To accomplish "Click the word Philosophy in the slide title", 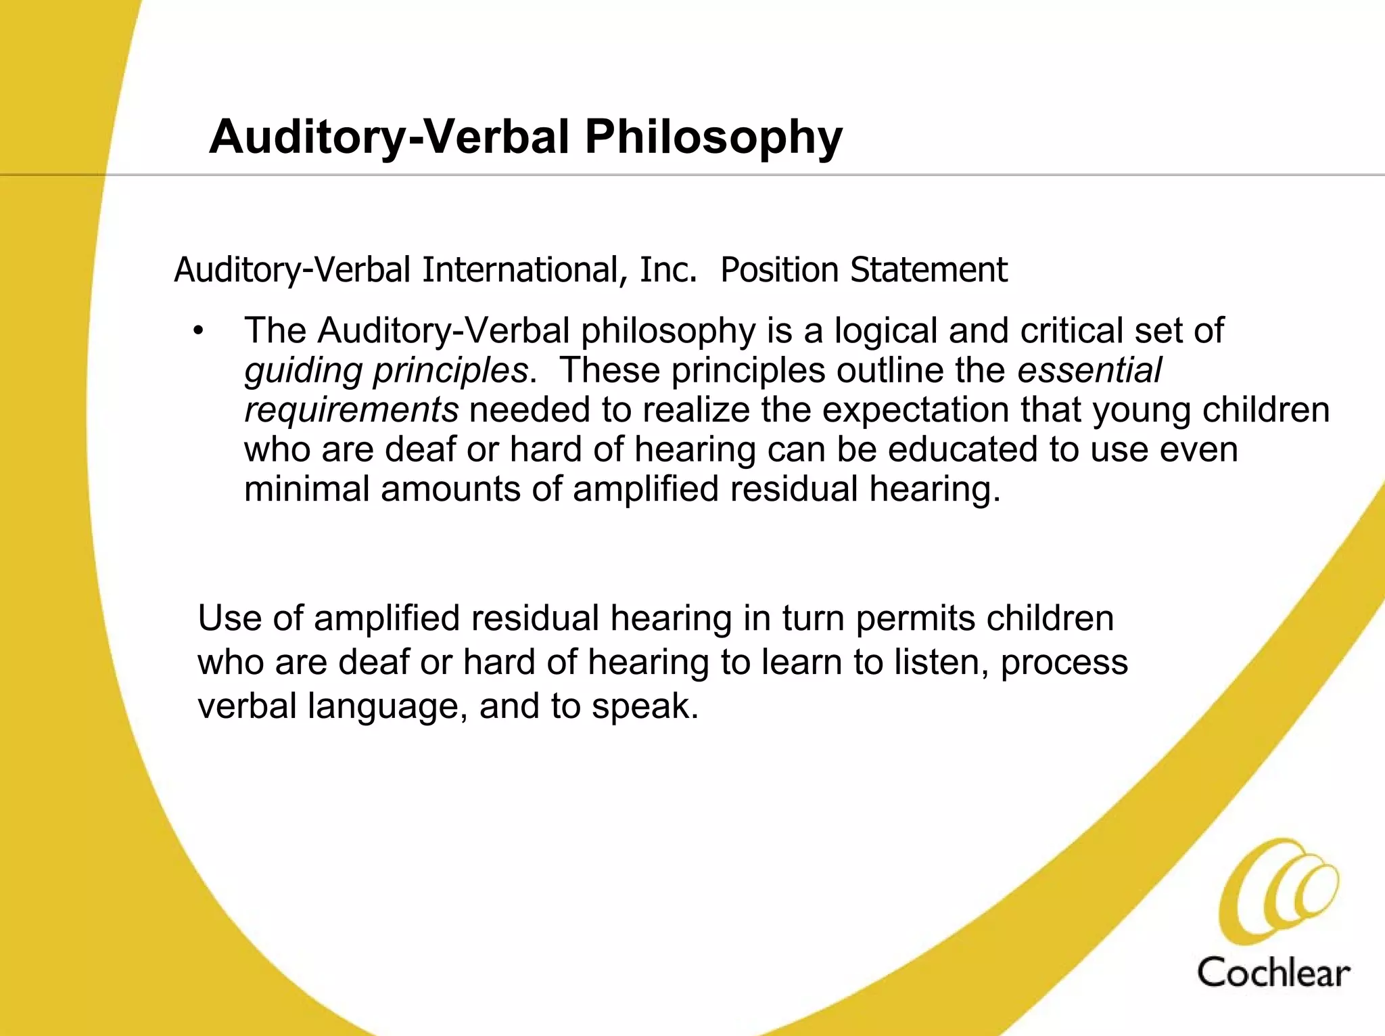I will click(713, 138).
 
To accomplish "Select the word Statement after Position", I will click(929, 270).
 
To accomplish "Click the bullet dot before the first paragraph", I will click(197, 331).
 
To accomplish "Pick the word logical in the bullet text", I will click(885, 331).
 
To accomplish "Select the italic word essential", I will click(1089, 370).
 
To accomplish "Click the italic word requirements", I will click(351, 410).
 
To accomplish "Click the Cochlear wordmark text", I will click(1273, 973).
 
